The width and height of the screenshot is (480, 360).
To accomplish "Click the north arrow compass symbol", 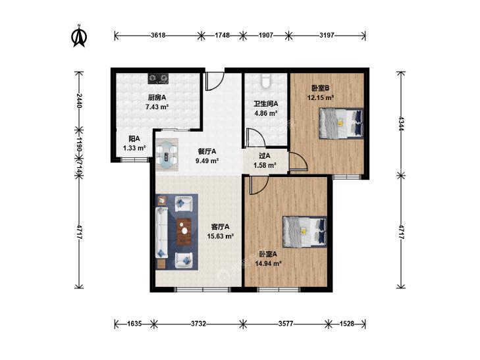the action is (x=79, y=36).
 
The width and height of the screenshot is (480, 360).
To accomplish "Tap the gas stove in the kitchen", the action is (x=158, y=79).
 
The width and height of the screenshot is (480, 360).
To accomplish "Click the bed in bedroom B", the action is (x=341, y=123).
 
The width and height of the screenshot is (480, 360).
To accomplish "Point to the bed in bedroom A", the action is (x=305, y=232).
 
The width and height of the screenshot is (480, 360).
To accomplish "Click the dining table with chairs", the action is (x=167, y=154).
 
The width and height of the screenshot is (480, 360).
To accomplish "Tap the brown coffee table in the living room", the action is (x=184, y=232).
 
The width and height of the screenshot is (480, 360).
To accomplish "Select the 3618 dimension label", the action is (x=158, y=35).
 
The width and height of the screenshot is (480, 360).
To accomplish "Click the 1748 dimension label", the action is (x=223, y=35).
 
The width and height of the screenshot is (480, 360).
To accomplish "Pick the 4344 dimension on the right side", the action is (x=401, y=123).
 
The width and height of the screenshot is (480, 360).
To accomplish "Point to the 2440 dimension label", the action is (x=79, y=101).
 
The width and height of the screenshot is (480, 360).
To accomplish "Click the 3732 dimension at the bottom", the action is (x=198, y=324).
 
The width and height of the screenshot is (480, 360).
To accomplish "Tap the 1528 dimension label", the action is (x=346, y=324).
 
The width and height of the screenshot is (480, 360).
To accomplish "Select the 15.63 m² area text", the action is (x=221, y=236).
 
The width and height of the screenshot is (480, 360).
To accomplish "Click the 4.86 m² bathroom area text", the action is (x=266, y=113).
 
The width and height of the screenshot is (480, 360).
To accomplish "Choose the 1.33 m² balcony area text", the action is (x=134, y=148).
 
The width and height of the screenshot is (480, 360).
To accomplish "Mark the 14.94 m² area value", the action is (x=268, y=263).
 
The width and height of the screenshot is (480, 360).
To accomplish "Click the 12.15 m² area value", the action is (x=321, y=98).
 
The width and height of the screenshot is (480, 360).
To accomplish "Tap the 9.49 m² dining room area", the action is (x=207, y=161).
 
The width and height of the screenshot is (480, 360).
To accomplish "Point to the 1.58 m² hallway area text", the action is (x=265, y=165).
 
